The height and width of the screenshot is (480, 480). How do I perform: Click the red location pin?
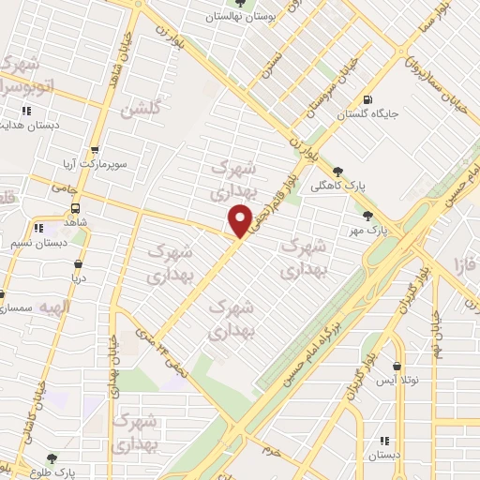point(240,220)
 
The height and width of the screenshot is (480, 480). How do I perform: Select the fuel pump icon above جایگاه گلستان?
point(364,100)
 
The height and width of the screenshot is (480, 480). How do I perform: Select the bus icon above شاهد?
point(74,208)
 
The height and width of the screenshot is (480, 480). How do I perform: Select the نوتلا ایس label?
point(397,381)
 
